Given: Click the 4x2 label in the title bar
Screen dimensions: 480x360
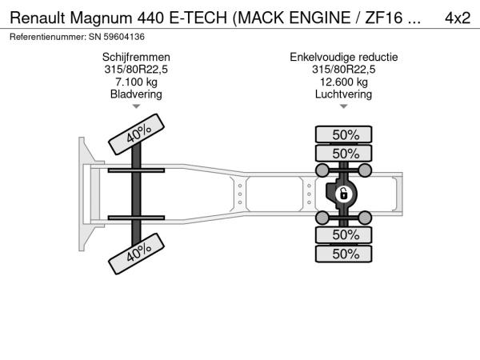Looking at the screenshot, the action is [458, 18].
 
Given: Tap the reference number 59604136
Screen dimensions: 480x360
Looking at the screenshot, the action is [124, 37].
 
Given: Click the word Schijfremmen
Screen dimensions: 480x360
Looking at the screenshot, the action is [136, 57].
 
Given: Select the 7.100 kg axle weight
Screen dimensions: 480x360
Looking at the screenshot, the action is [136, 82].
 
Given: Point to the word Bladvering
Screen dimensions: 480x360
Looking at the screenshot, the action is [136, 94].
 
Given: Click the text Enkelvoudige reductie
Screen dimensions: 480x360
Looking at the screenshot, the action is [344, 57].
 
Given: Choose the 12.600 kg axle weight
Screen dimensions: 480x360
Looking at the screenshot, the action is [344, 82].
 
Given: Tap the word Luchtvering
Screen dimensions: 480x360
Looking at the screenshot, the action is [344, 94].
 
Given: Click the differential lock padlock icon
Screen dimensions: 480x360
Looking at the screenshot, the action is [343, 194].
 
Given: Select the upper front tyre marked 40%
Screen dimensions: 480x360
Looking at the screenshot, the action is [137, 134].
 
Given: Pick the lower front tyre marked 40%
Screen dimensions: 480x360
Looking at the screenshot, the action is [137, 254].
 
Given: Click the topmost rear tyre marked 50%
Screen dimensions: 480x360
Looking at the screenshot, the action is [344, 134].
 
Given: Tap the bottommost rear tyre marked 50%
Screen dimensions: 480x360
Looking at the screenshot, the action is [344, 254].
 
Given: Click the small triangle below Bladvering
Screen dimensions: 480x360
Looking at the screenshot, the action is [136, 106].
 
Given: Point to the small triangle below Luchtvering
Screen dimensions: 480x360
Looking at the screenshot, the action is [344, 106].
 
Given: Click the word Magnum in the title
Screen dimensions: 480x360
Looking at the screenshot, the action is [101, 18].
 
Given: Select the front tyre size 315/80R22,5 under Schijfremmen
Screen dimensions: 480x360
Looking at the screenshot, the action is [136, 70].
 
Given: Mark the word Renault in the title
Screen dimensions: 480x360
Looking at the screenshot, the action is [38, 18].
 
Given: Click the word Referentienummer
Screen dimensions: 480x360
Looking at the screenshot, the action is [48, 37].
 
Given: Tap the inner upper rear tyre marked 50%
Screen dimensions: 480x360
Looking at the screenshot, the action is [344, 153].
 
